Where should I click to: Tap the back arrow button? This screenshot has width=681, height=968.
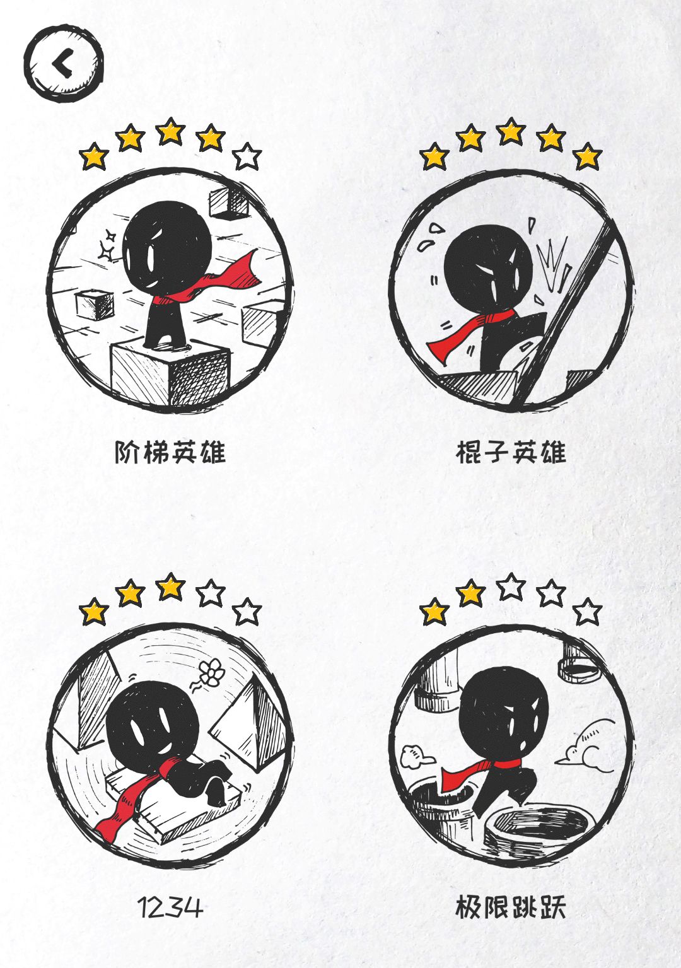coord(64,64)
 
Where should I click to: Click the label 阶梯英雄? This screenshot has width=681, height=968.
coord(170,452)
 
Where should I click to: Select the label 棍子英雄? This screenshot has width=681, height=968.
coord(511,452)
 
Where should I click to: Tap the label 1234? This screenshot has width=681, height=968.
coord(170,907)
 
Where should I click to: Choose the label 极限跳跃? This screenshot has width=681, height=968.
coord(511,907)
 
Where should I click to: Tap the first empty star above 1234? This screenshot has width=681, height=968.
coord(211,593)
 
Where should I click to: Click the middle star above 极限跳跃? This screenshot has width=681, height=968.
coord(511,587)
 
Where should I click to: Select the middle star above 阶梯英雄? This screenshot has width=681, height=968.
coord(170,131)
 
